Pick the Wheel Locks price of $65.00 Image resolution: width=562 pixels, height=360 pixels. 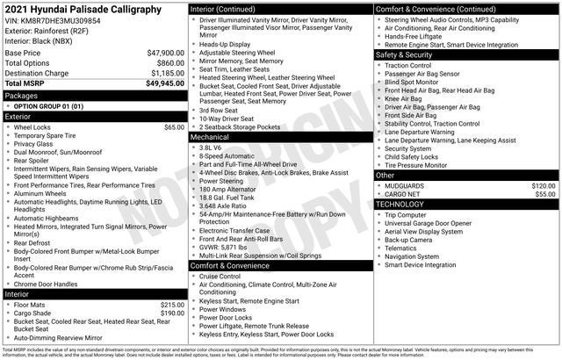coord(174,127)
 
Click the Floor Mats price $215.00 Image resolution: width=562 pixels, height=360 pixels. coord(172,305)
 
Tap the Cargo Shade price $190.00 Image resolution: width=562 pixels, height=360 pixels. coord(172,313)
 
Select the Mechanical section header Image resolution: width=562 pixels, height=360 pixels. coord(212,137)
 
